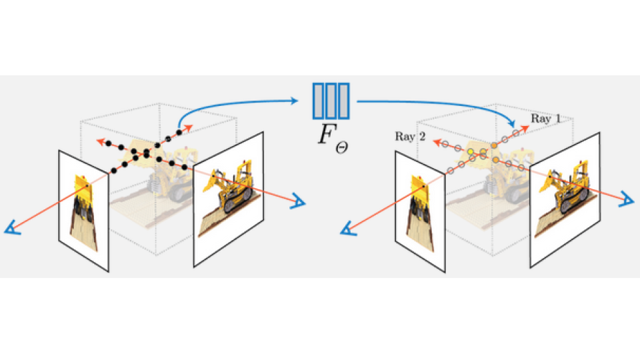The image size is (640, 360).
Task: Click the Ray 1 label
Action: coord(545,119)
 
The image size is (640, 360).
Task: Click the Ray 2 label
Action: coord(409,137)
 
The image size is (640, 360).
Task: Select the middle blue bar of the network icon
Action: coord(331,100)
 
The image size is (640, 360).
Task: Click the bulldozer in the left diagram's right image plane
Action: coord(231,189)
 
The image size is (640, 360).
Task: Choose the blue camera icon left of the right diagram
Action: coord(347,230)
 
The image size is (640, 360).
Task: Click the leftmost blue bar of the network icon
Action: coord(318,100)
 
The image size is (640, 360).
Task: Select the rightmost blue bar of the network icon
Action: coord(344,100)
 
